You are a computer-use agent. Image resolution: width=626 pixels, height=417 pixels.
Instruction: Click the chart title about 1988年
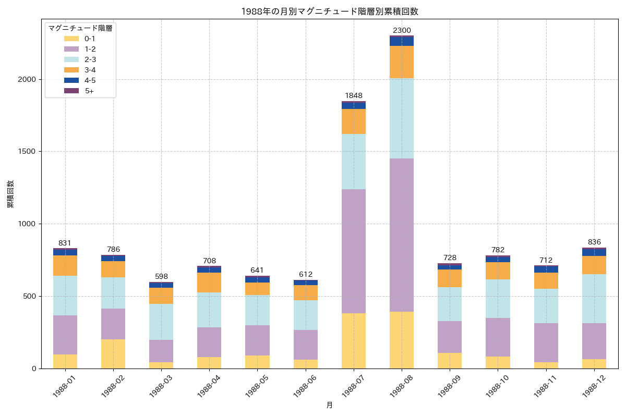click(329, 11)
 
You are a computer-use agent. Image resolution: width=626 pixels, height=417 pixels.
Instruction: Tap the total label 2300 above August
click(402, 31)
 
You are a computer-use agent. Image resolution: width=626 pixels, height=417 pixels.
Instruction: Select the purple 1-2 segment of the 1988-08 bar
click(402, 235)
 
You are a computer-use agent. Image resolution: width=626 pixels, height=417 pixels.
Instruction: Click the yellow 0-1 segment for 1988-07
click(354, 341)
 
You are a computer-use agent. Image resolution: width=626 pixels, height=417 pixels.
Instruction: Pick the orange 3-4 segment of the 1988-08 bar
click(402, 62)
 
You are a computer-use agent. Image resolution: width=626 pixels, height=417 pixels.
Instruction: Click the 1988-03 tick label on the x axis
click(161, 386)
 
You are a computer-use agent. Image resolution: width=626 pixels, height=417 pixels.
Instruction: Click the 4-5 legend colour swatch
click(71, 80)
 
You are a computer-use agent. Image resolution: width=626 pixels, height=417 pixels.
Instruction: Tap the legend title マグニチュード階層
click(80, 29)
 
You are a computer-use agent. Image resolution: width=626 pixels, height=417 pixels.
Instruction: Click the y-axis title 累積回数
click(11, 194)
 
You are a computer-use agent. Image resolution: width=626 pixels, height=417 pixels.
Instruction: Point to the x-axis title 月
click(330, 405)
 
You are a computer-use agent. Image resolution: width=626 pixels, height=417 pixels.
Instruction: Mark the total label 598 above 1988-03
click(161, 277)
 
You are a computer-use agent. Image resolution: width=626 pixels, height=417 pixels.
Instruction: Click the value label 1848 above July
click(354, 96)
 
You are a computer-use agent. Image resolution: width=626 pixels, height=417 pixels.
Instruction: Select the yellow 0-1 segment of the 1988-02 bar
click(113, 354)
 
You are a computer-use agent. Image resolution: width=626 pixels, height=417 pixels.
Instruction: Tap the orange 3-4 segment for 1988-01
click(65, 266)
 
